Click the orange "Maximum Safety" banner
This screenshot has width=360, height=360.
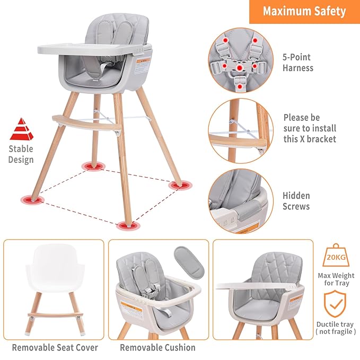pyautogui.click(x=304, y=11)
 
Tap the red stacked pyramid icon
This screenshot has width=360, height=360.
pyautogui.click(x=21, y=129)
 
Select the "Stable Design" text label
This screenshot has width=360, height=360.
pyautogui.click(x=21, y=154)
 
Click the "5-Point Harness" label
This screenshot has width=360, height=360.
pyautogui.click(x=297, y=63)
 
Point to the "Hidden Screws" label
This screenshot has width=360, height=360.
pyautogui.click(x=296, y=200)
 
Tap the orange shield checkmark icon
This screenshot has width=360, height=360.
pyautogui.click(x=335, y=305)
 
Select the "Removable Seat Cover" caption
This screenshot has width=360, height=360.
pyautogui.click(x=55, y=348)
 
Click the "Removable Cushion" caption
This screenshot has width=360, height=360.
pyautogui.click(x=157, y=348)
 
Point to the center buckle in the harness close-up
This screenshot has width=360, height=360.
pyautogui.click(x=240, y=68)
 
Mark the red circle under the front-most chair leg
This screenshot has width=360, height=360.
pyautogui.click(x=126, y=225)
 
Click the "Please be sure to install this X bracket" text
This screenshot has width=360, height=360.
pyautogui.click(x=310, y=128)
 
